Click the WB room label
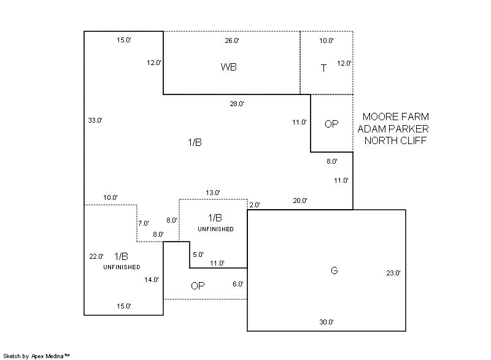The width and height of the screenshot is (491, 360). [228, 67]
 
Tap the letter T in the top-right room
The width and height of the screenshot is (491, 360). [324, 68]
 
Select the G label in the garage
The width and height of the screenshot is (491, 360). [334, 270]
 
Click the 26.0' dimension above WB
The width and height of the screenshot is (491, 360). [232, 40]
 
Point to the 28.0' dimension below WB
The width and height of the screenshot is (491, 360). [237, 104]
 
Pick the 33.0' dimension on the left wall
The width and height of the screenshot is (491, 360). [95, 120]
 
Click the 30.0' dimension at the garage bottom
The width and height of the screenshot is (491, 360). [326, 322]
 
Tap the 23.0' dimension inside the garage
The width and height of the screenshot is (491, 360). [393, 273]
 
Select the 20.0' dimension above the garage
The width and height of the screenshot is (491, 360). [300, 201]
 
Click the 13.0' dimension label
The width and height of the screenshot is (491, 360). [212, 193]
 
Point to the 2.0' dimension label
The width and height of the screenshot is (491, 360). [255, 205]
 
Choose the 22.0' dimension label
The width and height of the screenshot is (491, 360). [96, 256]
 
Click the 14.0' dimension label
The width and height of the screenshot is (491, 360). [152, 280]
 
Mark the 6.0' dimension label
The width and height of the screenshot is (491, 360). [238, 284]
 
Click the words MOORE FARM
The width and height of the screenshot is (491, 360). [395, 117]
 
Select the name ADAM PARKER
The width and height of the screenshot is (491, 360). [393, 129]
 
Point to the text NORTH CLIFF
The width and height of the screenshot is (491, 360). [395, 140]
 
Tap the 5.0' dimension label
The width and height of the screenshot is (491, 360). [198, 254]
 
